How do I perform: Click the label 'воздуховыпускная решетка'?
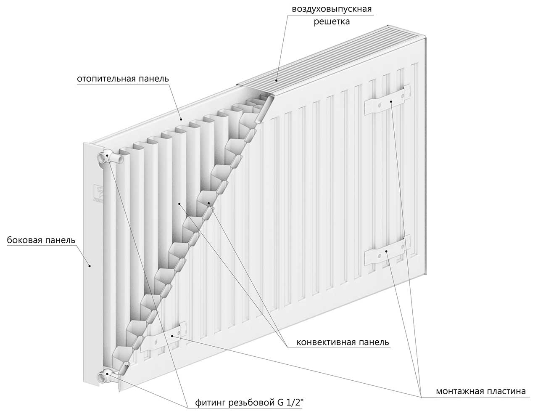point(332,15)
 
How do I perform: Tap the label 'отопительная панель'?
point(123,79)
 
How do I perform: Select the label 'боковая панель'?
point(41,241)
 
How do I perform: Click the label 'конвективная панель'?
point(343,342)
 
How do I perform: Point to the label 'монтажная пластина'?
point(480,391)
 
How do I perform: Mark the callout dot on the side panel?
point(89,265)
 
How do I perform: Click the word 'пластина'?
point(507,391)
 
